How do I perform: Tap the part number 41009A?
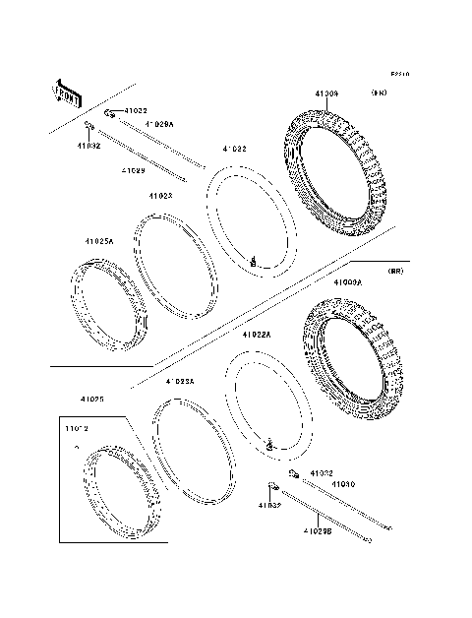(x=347, y=282)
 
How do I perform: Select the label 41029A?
(x=159, y=125)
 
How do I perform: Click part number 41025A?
(x=99, y=241)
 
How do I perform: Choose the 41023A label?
(x=180, y=381)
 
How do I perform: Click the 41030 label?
(x=342, y=485)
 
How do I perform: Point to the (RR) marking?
(x=395, y=270)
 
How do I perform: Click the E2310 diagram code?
(x=399, y=74)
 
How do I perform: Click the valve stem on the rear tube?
(x=266, y=448)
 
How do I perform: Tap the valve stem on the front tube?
(x=254, y=261)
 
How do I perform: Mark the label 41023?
(x=161, y=197)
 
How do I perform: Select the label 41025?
(x=94, y=399)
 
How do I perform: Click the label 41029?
(x=134, y=170)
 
